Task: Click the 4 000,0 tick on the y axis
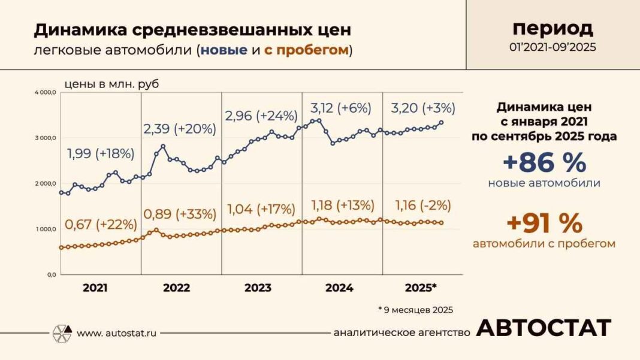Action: coord(46,93)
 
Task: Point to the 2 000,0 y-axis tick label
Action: coord(46,184)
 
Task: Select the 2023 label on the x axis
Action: coord(258,288)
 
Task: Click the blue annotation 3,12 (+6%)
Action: coord(341,108)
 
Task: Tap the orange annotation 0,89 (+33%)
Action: coord(180,214)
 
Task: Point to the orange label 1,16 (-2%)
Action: coord(423,205)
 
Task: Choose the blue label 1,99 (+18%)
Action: coord(100,153)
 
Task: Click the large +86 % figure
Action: coord(545,163)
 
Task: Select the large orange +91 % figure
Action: coord(544,224)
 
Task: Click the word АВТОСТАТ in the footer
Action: coord(544,328)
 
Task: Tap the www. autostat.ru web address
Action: coord(116,332)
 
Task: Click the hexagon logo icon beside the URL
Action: coord(62,332)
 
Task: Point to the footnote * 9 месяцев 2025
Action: coord(415,310)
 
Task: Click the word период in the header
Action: coord(553,28)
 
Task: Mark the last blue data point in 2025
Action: coord(442,122)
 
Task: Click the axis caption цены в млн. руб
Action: coord(111,84)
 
